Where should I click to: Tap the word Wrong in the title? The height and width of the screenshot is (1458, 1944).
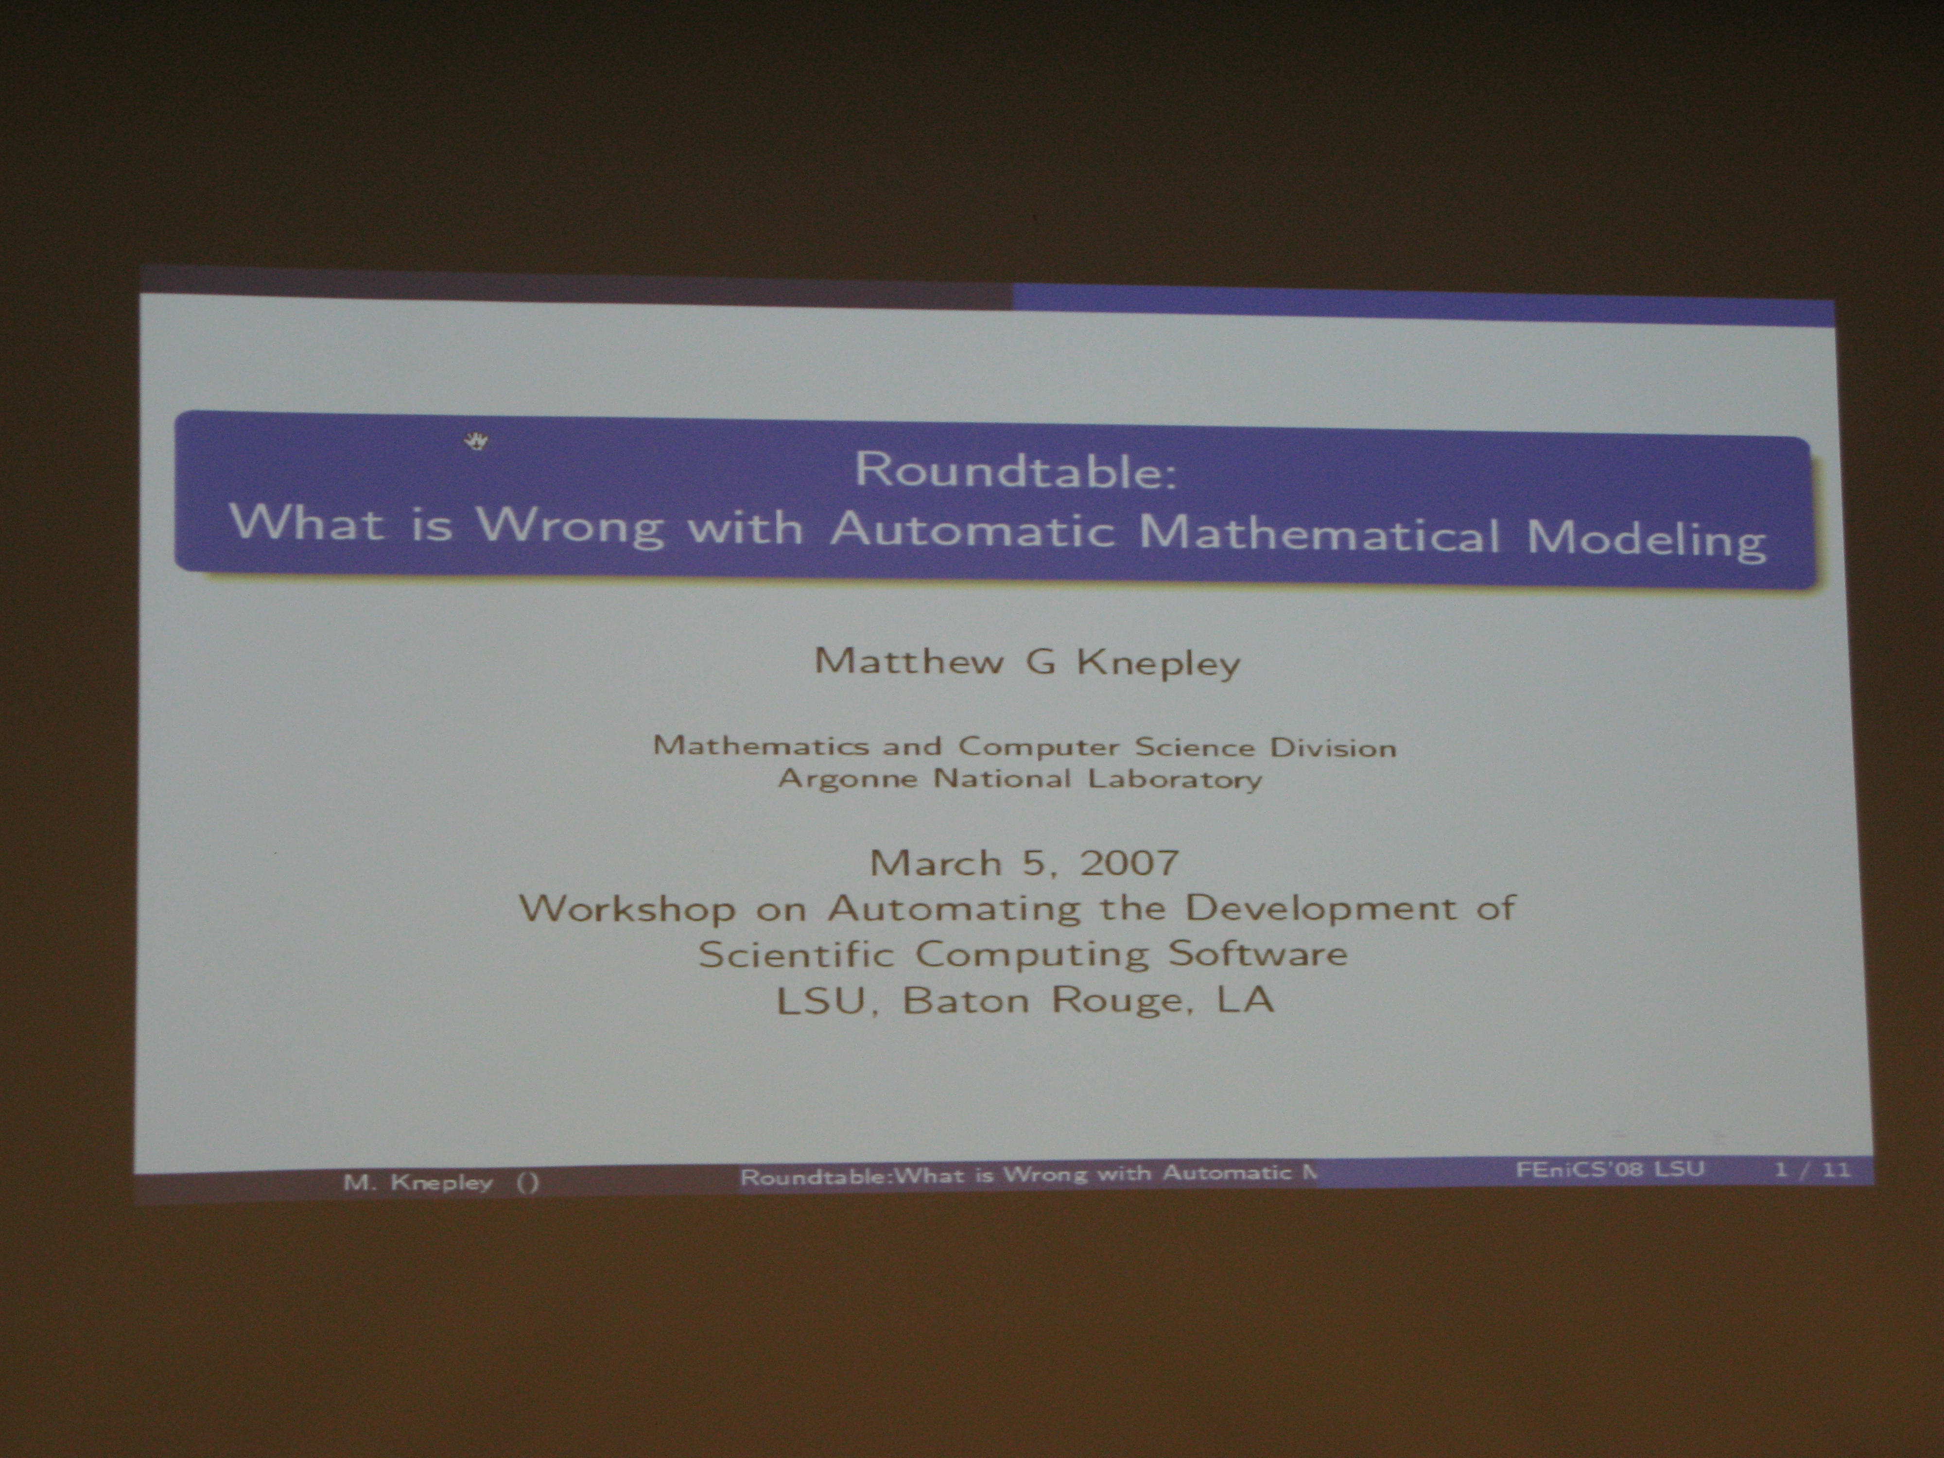(570, 526)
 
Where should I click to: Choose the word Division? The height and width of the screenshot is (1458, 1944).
(1332, 748)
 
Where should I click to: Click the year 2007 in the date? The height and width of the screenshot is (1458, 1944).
(1129, 863)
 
